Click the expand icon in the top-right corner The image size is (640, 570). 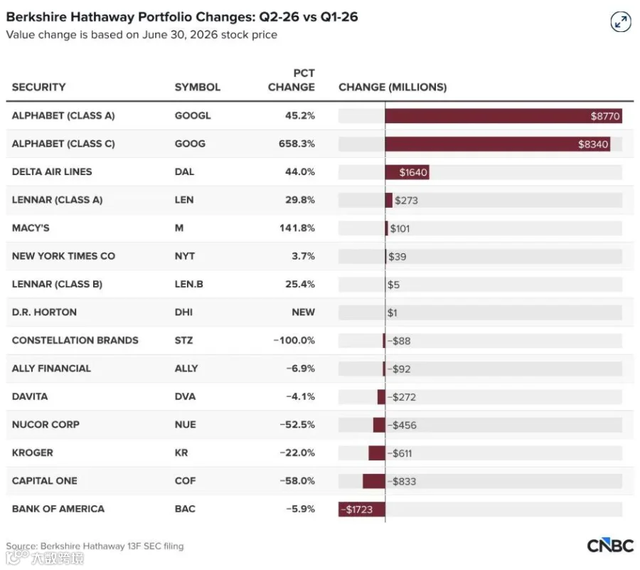point(620,21)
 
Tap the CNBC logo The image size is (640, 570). point(610,546)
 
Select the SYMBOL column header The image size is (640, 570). point(198,87)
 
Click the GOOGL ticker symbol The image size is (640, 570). point(193,115)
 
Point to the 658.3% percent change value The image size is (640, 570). point(297,144)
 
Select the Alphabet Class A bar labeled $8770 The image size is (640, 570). point(503,116)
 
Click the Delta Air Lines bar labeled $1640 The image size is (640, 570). point(407,172)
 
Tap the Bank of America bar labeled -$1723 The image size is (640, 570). point(362,510)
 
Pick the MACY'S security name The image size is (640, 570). point(31,228)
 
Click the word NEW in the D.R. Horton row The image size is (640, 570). point(303,312)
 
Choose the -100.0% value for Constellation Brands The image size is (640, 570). point(294,341)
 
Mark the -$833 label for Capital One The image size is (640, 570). point(402,481)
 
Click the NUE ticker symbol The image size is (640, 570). point(186,425)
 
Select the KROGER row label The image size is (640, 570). point(33,453)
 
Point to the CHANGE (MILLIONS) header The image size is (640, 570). point(393,87)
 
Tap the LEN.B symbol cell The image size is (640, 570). point(189,284)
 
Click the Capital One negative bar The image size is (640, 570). point(374,481)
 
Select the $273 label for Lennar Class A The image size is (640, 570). point(406,201)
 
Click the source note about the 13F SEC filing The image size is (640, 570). point(95,546)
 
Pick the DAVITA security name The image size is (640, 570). point(30,396)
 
